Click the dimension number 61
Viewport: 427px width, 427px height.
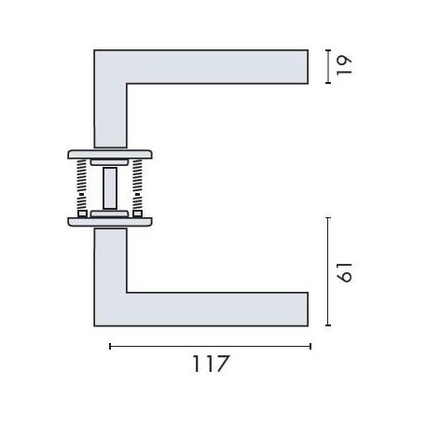(344, 271)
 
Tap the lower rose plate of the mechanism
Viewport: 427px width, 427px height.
(108, 222)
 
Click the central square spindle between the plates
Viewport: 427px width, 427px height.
(110, 187)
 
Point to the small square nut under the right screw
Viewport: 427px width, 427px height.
(136, 214)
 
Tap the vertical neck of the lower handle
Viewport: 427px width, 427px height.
(110, 261)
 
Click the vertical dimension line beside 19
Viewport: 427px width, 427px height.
(327, 66)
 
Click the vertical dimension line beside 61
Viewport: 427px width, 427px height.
(327, 271)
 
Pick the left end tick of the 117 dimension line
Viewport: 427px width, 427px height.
(110, 346)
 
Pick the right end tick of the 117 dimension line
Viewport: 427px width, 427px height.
(310, 346)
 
